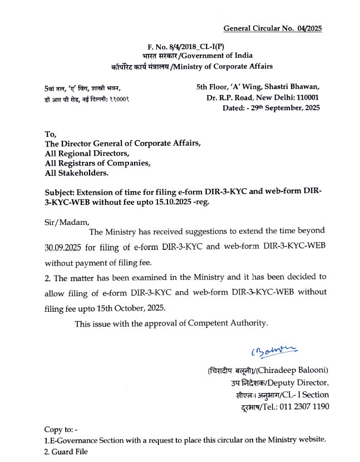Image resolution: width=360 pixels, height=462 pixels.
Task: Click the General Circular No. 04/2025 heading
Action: (273, 28)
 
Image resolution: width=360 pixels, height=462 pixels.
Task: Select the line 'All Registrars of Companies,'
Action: (97, 163)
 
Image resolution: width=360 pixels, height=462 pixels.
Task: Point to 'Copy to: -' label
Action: (61, 429)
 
